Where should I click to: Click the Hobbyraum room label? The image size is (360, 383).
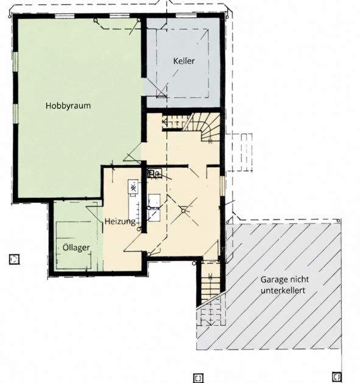(x=68, y=106)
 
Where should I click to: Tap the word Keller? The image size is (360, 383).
(x=184, y=61)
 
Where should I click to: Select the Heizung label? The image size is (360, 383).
(x=120, y=222)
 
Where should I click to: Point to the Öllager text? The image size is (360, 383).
(x=76, y=247)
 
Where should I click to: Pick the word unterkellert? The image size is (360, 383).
(x=283, y=290)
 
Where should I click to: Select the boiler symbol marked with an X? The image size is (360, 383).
(x=133, y=188)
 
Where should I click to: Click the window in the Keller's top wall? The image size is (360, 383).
(x=186, y=16)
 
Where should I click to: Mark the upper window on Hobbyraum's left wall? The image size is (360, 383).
(x=15, y=62)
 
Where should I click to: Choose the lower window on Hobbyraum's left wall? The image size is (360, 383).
(x=15, y=114)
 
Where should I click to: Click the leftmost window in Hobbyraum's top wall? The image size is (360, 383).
(x=65, y=16)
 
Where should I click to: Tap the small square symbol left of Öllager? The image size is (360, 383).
(x=14, y=259)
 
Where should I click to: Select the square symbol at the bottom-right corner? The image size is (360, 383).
(x=336, y=376)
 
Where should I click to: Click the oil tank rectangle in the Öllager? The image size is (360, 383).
(x=74, y=245)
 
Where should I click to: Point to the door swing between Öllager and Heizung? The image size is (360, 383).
(x=94, y=214)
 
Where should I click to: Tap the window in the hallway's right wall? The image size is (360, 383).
(x=222, y=186)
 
